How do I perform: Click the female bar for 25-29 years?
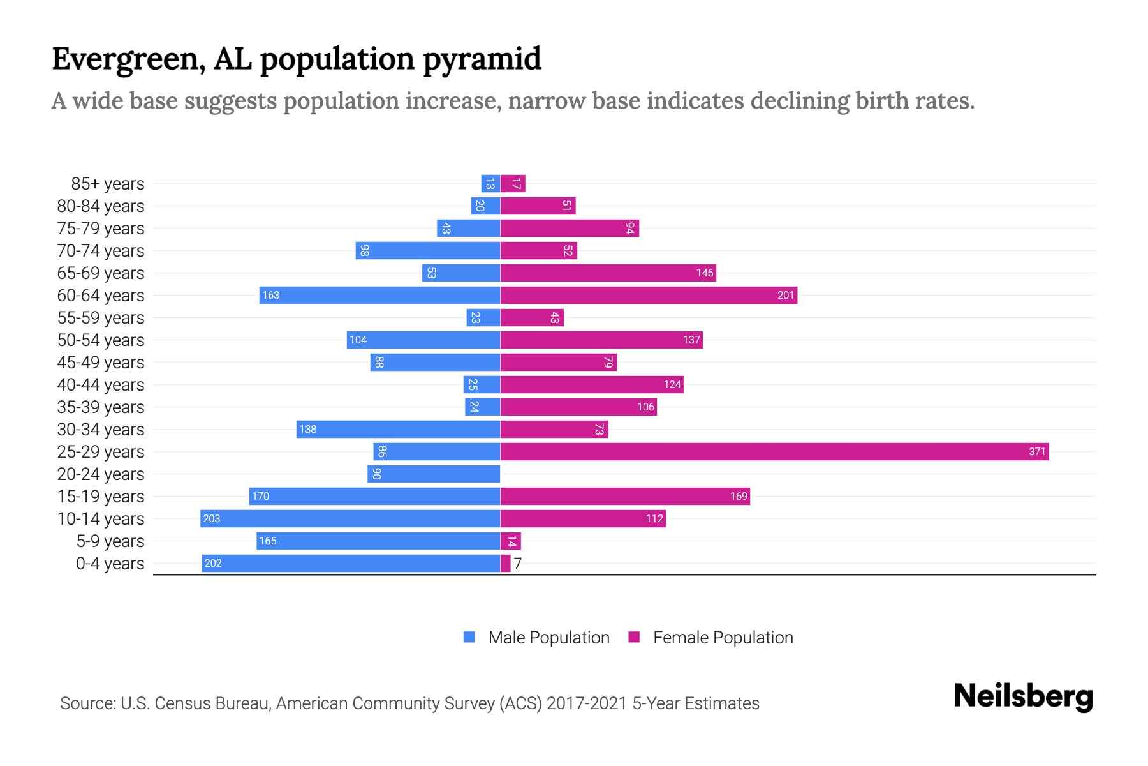pos(774,452)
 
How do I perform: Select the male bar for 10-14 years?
pos(350,519)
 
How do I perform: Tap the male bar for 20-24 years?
pos(434,474)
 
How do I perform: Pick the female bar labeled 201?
pos(649,296)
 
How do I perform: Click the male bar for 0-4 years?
pos(351,564)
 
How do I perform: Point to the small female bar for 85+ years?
pos(512,184)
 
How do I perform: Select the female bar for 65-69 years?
pos(608,273)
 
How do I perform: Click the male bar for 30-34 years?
pos(398,430)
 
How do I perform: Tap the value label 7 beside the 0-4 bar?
pos(518,564)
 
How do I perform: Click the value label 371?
pos(1037,452)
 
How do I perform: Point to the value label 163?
pos(270,296)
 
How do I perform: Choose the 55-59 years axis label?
pos(101,318)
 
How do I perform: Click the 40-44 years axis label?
pos(101,385)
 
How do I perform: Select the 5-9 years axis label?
pos(110,541)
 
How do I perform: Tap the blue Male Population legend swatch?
pos(469,637)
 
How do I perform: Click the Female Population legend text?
pos(723,638)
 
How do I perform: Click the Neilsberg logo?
pos(1023,696)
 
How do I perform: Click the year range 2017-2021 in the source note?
pos(587,703)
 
